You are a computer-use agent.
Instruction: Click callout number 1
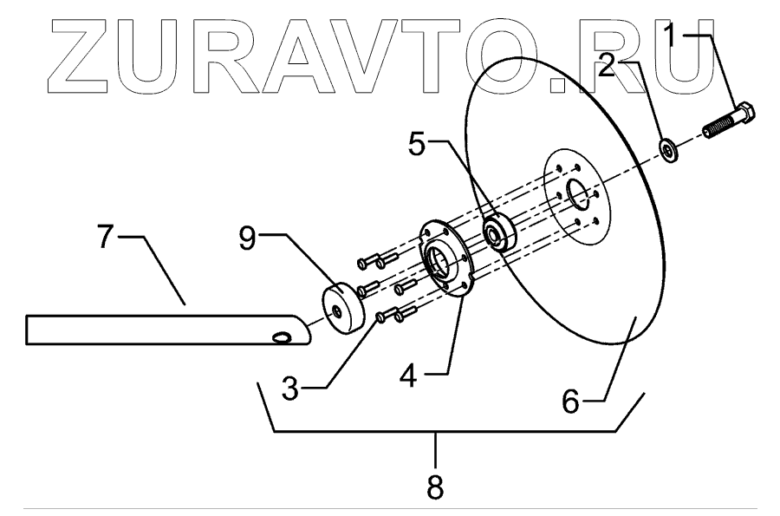click(x=676, y=36)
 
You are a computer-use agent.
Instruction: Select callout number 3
click(x=291, y=388)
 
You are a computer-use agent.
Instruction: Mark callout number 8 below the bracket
click(x=436, y=487)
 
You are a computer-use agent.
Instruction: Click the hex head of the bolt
click(x=744, y=115)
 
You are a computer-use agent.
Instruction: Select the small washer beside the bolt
click(x=671, y=149)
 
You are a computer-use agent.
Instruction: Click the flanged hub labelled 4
click(x=445, y=259)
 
